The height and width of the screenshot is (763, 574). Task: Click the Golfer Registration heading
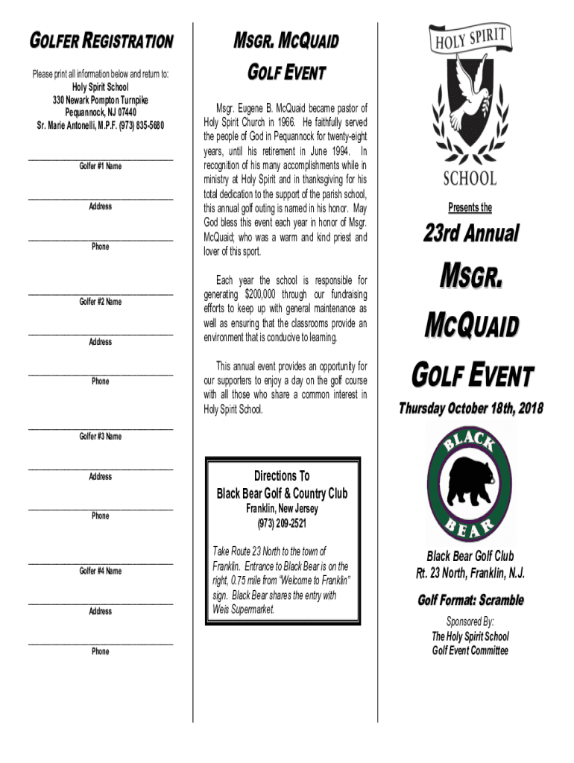[101, 41]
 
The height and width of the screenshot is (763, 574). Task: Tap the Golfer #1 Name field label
[101, 166]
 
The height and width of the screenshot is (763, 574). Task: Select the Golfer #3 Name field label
[101, 437]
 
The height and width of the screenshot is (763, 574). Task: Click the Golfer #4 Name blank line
[101, 563]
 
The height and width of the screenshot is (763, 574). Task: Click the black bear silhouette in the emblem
[470, 481]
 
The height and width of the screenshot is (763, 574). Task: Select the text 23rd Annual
[470, 234]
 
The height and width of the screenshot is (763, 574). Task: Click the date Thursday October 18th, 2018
[470, 408]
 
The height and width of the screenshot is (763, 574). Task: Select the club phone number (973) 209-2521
[282, 522]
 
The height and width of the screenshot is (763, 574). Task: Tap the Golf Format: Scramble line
[470, 601]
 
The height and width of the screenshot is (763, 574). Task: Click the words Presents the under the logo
[470, 208]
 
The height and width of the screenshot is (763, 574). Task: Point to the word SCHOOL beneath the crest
[470, 178]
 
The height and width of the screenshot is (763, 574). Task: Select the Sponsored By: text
[470, 621]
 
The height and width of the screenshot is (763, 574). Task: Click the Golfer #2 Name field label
[101, 302]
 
